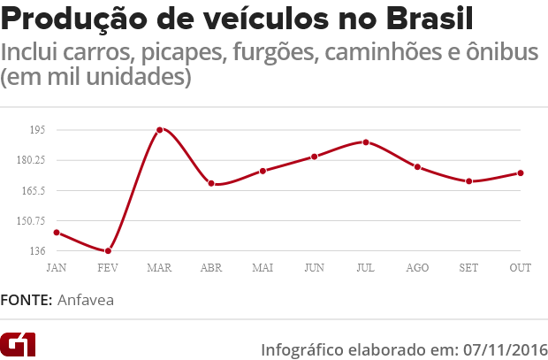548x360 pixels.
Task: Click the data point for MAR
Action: coord(159,130)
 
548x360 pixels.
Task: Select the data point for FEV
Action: coord(108,251)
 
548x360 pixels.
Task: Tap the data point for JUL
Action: coord(365,142)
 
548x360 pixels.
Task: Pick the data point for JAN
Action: coord(57,233)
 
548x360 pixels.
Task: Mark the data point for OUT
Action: coord(521,173)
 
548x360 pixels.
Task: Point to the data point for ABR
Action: coord(211,183)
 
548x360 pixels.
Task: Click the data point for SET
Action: coord(468,181)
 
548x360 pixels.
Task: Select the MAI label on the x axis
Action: coord(263,267)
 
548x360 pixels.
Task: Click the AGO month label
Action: coord(417,267)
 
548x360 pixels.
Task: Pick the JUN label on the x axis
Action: coord(314,267)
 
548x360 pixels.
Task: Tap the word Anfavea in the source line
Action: coord(86,300)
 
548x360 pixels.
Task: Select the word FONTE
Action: coord(25,300)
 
